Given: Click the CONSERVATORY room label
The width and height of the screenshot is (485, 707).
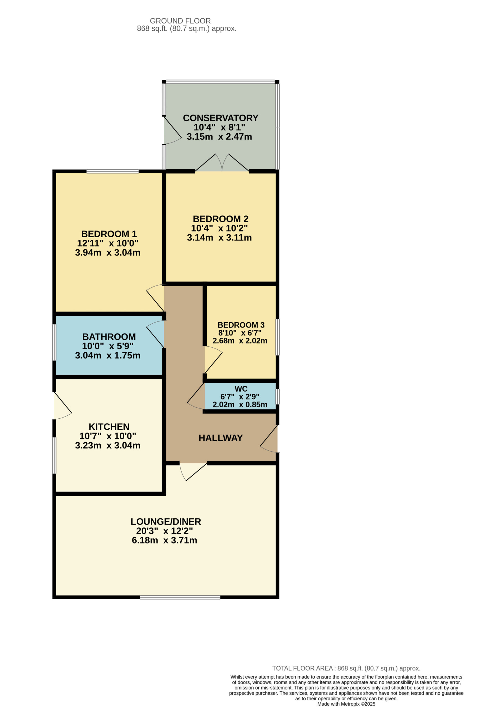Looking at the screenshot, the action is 221,118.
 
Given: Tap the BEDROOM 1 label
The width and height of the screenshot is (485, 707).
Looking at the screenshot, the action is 109,234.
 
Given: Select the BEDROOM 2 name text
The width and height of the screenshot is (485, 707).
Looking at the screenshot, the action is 221,219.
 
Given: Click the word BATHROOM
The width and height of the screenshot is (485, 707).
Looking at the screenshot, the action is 109,337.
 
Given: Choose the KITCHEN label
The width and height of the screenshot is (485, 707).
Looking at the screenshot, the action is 109,427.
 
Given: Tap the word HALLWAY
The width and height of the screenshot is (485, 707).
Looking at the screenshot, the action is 221,438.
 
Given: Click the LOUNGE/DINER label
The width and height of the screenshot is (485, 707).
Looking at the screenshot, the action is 166,522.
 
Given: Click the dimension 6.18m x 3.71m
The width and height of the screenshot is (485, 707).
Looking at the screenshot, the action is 165,540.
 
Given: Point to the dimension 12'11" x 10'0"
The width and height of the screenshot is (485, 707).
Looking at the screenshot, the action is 108,243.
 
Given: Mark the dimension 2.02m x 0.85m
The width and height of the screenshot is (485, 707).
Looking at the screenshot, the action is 240,405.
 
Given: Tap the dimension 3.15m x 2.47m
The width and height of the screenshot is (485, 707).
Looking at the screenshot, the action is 219,137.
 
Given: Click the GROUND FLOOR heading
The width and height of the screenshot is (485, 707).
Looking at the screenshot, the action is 180,21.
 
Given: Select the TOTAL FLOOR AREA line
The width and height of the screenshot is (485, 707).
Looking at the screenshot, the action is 346,668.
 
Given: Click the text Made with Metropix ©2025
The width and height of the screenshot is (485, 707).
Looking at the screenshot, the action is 346,704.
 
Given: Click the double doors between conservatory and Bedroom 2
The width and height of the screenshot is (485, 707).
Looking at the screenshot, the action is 222,163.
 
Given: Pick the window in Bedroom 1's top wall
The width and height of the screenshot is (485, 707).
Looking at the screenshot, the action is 113,172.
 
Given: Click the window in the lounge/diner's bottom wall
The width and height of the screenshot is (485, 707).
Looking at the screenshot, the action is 180,597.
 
